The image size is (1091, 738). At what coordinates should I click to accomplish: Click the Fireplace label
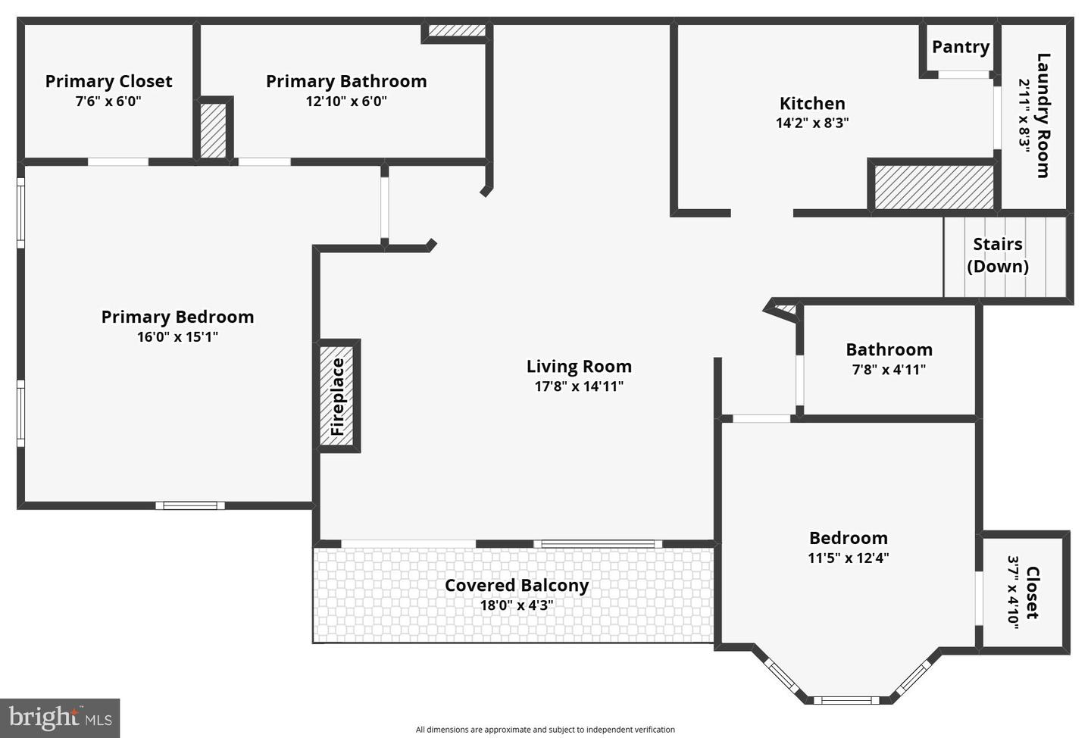338,396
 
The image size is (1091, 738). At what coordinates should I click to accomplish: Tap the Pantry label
961,47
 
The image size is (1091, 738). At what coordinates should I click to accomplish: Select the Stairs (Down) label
998,255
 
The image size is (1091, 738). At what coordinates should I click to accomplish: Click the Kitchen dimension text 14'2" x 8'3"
812,123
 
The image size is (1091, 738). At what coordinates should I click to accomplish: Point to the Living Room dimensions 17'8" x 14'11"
579,386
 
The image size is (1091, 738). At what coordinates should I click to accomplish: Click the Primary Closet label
108,81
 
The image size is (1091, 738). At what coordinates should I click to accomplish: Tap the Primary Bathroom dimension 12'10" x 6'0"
346,102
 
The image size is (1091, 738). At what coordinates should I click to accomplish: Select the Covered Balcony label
517,586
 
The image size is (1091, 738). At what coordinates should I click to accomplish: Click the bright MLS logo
60,718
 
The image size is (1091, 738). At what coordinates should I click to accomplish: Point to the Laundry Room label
1043,115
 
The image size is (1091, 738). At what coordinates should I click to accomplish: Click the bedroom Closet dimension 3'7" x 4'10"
1013,593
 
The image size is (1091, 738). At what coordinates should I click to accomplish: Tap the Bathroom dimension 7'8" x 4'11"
889,370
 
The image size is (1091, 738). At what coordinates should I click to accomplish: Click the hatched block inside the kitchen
933,187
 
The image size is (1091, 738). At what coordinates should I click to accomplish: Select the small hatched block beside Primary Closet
214,130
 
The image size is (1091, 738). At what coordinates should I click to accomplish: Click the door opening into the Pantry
964,74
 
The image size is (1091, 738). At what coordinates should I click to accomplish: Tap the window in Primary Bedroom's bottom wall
190,505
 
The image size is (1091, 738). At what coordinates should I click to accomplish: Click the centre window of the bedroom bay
846,700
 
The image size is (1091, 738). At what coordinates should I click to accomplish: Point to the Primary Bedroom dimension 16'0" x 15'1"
177,337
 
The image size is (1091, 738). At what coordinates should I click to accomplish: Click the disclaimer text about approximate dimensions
545,729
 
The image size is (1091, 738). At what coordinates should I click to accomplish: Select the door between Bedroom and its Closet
978,598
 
